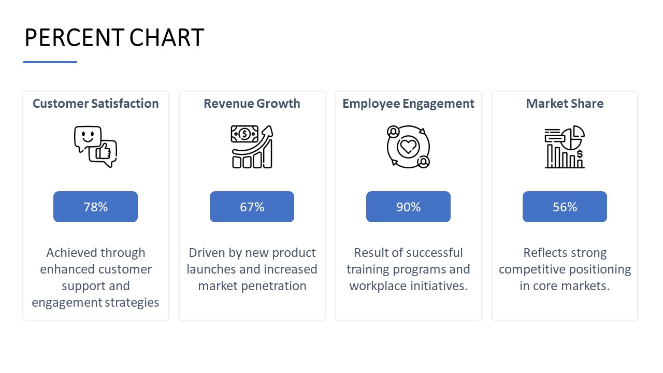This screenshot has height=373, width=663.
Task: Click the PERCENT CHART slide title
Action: coord(114,38)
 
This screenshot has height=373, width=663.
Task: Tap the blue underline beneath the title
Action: coord(50,62)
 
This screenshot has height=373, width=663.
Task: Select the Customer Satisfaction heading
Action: coord(96,104)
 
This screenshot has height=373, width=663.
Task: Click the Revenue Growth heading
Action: coord(252,104)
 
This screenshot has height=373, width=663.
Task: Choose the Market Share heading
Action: coord(565,104)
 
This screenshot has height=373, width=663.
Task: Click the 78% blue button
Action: coord(96,207)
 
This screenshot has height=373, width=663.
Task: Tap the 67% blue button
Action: coord(252,207)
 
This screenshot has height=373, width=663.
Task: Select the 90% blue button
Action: coord(409,207)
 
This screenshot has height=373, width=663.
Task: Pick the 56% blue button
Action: coord(565,207)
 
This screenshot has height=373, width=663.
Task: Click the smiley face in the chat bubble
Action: coord(88,137)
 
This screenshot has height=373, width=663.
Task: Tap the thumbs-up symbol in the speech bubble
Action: coord(103,152)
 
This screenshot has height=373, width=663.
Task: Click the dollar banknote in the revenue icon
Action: coord(244,134)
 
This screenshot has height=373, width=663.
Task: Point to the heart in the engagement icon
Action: coord(408,147)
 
